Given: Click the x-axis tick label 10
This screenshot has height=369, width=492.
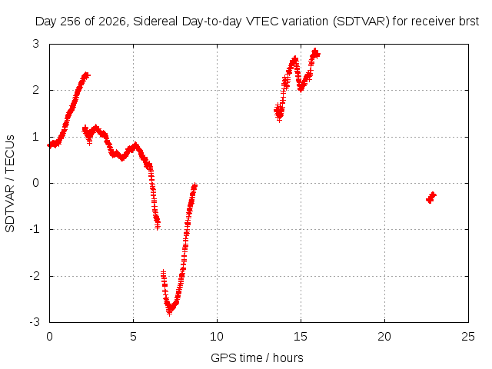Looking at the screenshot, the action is pos(217,337).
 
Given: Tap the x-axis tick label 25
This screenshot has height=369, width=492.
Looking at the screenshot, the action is pos(468,337).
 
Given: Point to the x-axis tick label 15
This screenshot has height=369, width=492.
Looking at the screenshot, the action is pos(301,337).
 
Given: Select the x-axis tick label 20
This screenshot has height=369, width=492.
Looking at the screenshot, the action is pos(384,337).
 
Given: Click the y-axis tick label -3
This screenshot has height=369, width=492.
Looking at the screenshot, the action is pos(35,322).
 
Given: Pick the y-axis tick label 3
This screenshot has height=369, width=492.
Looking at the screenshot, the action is pos(36,44).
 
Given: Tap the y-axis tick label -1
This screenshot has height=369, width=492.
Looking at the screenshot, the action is pos(35,229).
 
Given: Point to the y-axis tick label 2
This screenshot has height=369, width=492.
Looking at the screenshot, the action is pos(36,90).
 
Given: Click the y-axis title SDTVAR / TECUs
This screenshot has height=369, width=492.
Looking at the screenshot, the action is pos(10,184).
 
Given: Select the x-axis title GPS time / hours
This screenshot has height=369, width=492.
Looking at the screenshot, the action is pos(257,357).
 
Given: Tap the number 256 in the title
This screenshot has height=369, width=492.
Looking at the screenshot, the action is pos(71,22).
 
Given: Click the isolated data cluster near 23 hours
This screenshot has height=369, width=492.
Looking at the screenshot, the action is pos(431,198).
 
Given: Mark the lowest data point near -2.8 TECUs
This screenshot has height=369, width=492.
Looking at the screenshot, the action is pos(169,311).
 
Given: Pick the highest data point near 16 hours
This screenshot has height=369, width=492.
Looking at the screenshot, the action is pos(315,52).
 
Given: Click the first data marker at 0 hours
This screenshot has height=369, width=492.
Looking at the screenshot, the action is pos(49,145).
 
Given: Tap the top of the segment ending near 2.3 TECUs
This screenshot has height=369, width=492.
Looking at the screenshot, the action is pos(86,75).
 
